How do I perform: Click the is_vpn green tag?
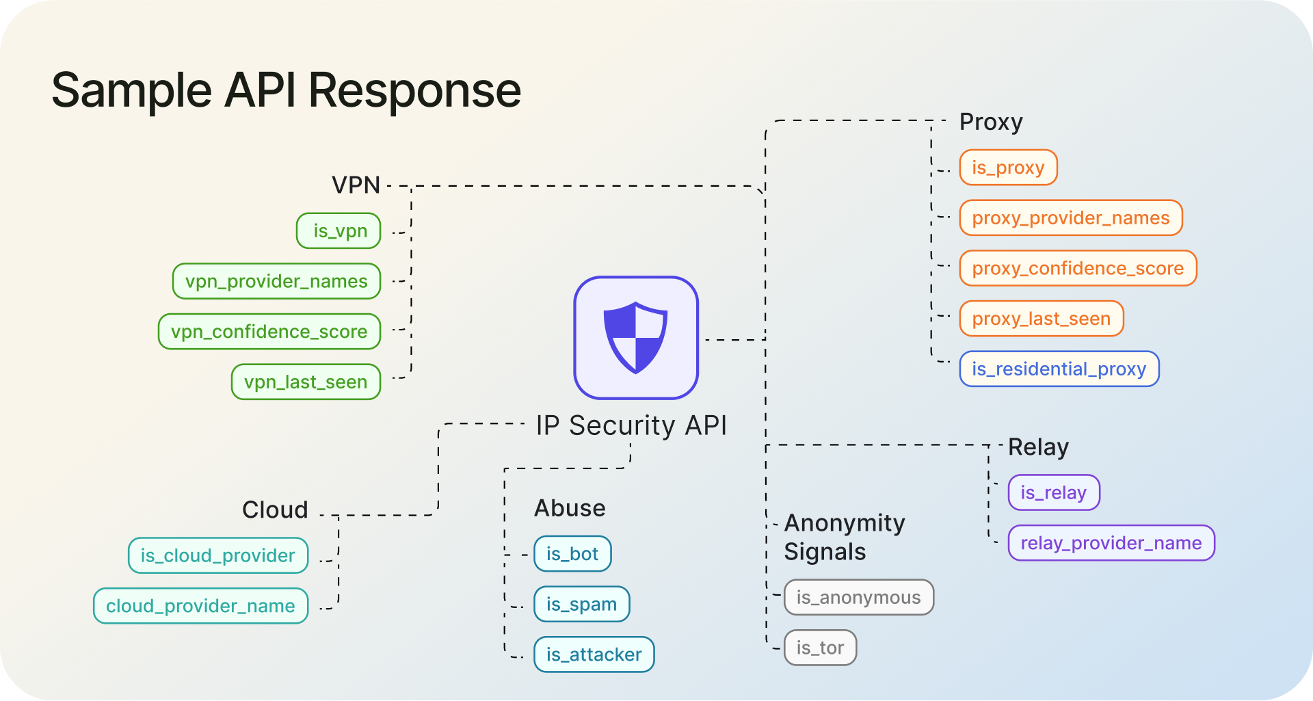click(x=339, y=231)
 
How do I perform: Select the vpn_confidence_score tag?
click(x=269, y=332)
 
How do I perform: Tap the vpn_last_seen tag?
click(x=306, y=382)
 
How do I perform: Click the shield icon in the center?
click(x=635, y=338)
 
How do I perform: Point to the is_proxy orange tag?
click(x=1008, y=168)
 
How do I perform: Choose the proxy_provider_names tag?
click(x=1070, y=218)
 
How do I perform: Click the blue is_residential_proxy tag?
click(x=1059, y=369)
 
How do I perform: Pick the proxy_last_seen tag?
click(x=1041, y=319)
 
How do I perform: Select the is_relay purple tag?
click(x=1053, y=493)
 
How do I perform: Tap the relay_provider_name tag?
click(x=1111, y=544)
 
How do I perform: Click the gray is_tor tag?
click(x=819, y=648)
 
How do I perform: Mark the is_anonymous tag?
click(x=858, y=598)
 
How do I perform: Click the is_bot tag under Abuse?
click(x=572, y=554)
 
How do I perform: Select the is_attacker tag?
click(x=594, y=655)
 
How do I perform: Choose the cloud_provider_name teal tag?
click(x=200, y=607)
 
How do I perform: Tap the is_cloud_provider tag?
click(x=217, y=556)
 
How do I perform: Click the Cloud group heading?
click(x=275, y=510)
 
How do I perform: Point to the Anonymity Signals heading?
click(x=844, y=538)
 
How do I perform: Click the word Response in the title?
click(x=414, y=90)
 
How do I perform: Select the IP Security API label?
click(x=631, y=425)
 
